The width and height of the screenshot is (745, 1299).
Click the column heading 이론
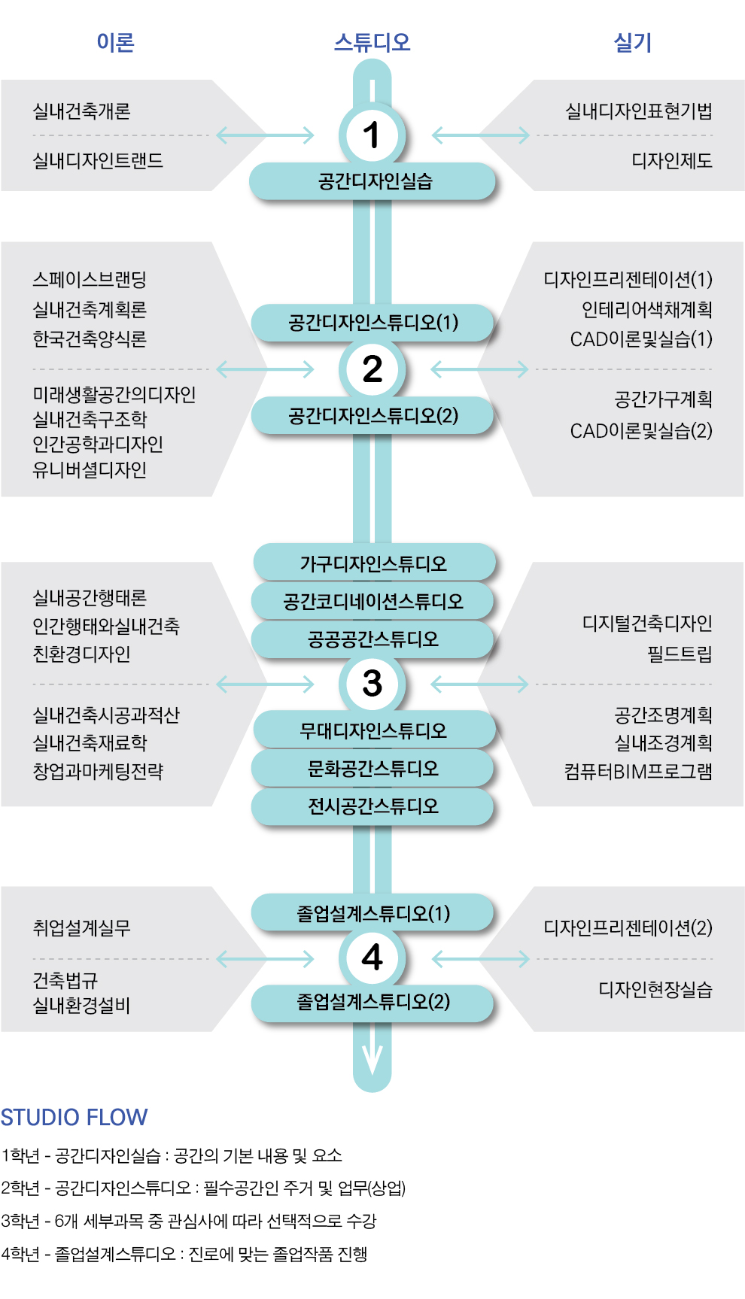tap(115, 42)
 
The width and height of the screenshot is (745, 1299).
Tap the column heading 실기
tap(632, 42)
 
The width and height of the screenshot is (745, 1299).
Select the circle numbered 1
tap(372, 135)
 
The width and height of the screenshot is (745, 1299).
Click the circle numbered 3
tap(372, 684)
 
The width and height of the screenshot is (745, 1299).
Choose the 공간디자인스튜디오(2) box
tap(372, 416)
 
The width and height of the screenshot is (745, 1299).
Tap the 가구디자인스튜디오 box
tap(374, 563)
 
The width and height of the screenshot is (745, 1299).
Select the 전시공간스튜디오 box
tap(372, 806)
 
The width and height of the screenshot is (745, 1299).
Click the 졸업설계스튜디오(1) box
tap(372, 913)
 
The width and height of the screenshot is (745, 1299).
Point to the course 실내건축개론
tap(81, 111)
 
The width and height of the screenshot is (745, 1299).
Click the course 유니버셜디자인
tap(90, 470)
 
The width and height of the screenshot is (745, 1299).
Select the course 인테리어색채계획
tap(646, 309)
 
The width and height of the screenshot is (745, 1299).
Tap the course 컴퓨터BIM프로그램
tap(638, 771)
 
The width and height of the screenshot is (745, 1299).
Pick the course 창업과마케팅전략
tap(98, 771)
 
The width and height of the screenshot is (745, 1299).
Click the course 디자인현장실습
tap(655, 989)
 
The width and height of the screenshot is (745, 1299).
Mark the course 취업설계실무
tap(81, 927)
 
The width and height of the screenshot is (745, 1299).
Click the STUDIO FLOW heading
tap(74, 1117)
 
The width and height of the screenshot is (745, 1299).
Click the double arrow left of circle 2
tap(265, 369)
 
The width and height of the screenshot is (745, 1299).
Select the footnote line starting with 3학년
tap(188, 1221)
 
